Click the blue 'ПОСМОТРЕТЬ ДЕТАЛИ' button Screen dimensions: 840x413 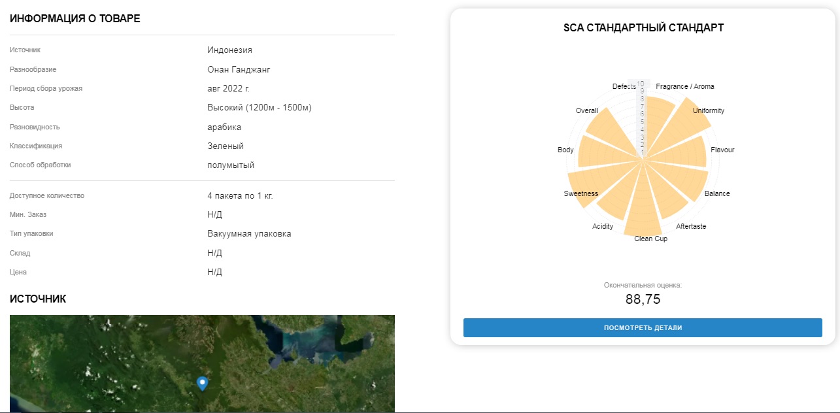pos(643,327)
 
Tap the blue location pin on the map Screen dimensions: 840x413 pos(203,383)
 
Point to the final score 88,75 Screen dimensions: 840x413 pos(643,299)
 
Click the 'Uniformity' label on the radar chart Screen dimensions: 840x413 pos(709,110)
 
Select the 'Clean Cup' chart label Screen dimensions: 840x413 pos(650,239)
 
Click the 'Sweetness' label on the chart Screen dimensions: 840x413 pos(581,193)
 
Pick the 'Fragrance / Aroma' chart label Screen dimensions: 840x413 pos(685,86)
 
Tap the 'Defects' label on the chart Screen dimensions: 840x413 pos(624,86)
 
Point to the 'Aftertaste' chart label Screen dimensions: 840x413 pos(691,226)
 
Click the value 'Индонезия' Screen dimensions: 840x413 pos(229,50)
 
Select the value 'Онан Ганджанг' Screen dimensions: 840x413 pos(239,69)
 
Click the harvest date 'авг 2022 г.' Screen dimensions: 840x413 pos(228,88)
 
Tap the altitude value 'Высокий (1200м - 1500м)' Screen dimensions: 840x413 pos(260,108)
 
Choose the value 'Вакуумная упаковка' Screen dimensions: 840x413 pos(249,233)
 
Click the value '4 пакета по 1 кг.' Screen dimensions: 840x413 pos(240,195)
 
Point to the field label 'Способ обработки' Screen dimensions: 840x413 pos(40,165)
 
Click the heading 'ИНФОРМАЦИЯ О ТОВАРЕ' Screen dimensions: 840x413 pos(75,18)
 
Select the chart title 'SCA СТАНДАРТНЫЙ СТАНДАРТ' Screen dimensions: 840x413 pos(643,27)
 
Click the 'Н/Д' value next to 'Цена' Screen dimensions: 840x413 pos(214,272)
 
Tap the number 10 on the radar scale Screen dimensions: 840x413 pos(641,84)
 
